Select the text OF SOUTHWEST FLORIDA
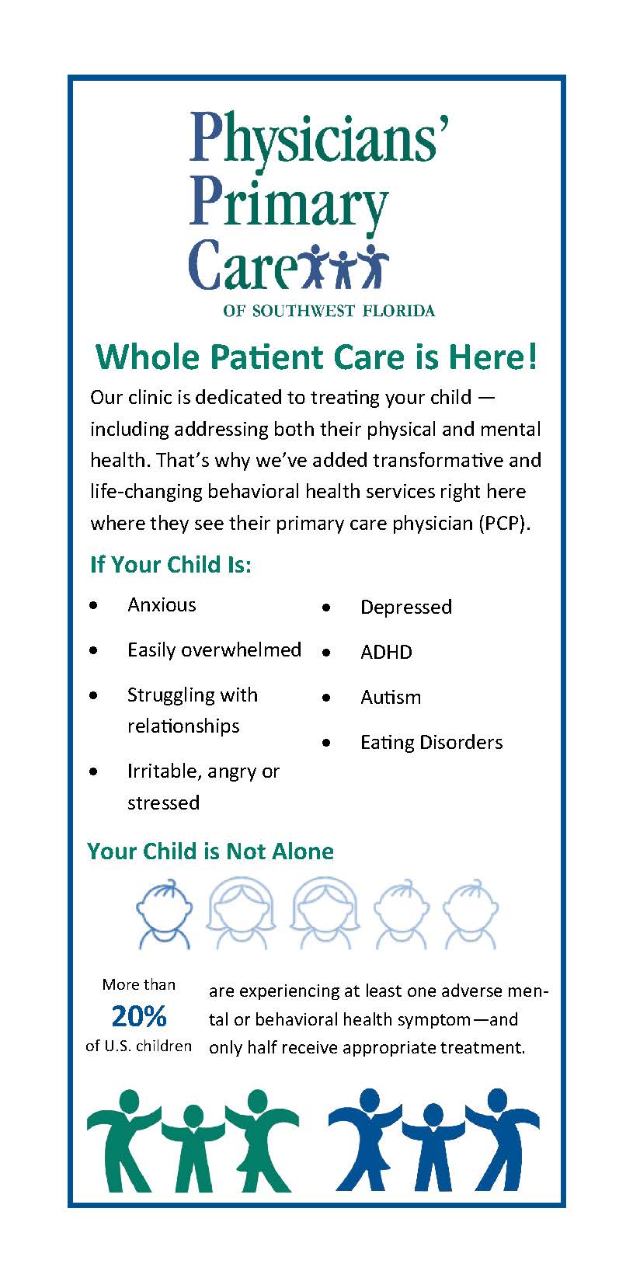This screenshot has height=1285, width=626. (x=329, y=311)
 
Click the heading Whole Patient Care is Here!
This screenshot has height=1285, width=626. (x=316, y=357)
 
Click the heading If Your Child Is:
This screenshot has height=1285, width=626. (x=171, y=565)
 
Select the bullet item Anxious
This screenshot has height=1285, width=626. (x=162, y=604)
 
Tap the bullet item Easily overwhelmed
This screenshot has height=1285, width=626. (x=214, y=650)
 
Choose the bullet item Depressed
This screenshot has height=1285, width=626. (x=406, y=607)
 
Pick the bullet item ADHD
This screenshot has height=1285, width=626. (x=386, y=653)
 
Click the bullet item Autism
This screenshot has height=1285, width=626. (x=391, y=697)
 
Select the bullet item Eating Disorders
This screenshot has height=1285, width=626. (x=432, y=742)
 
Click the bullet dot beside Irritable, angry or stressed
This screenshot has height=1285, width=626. (x=93, y=772)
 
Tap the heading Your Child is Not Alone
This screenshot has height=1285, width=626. (x=210, y=851)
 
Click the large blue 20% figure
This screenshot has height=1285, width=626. (x=139, y=1016)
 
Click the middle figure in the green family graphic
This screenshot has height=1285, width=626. (x=193, y=1148)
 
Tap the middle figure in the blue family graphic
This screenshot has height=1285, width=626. (x=433, y=1147)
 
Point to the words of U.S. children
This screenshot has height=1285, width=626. (x=139, y=1046)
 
